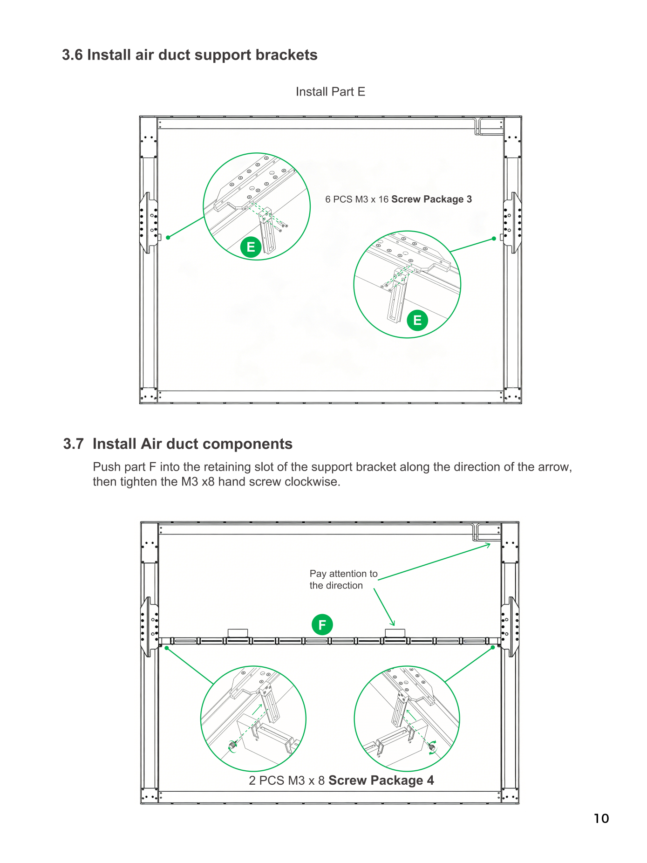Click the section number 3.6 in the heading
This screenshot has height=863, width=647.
pyautogui.click(x=72, y=55)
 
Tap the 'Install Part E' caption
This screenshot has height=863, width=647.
pyautogui.click(x=330, y=92)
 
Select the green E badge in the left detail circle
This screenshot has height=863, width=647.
pyautogui.click(x=251, y=247)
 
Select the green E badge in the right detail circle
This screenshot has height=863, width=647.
pyautogui.click(x=417, y=320)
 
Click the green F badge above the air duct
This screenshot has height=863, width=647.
pyautogui.click(x=322, y=624)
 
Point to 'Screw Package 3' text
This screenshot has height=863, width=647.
pyautogui.click(x=431, y=199)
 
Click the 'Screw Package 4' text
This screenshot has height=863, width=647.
pyautogui.click(x=381, y=780)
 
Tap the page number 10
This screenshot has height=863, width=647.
pyautogui.click(x=601, y=818)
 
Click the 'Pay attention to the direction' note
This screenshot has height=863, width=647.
pyautogui.click(x=344, y=579)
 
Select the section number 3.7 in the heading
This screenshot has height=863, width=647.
pyautogui.click(x=74, y=444)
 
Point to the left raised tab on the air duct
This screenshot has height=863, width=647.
pyautogui.click(x=238, y=633)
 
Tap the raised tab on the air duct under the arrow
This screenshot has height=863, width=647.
pyautogui.click(x=395, y=633)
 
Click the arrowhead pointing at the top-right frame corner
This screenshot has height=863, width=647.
pyautogui.click(x=489, y=545)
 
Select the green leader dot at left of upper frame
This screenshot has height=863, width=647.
pyautogui.click(x=168, y=238)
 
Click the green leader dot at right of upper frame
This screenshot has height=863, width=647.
pyautogui.click(x=494, y=239)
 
